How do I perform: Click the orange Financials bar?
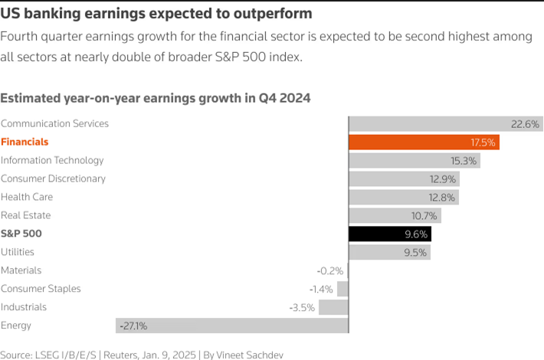424,142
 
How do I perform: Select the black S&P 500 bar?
389,234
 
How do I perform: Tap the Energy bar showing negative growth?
231,326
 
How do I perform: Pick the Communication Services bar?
445,123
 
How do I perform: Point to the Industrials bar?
333,307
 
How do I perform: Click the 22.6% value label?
526,123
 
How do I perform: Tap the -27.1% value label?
133,326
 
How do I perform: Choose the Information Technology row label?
52,160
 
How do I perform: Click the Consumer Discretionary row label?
53,178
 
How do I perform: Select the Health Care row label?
27,197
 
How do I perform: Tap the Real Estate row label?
26,215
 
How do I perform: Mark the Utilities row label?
18,252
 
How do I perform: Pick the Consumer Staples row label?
41,289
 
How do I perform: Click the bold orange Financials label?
25,142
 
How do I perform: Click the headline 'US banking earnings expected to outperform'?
156,14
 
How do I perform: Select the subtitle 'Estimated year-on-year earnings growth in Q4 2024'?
156,98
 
